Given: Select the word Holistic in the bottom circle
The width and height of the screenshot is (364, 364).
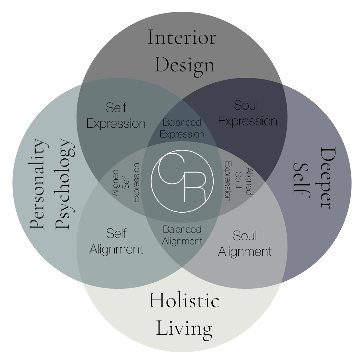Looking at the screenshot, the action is pyautogui.click(x=184, y=301).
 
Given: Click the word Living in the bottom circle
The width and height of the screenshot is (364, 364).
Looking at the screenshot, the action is pyautogui.click(x=184, y=328).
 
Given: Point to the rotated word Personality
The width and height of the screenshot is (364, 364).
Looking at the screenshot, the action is pyautogui.click(x=37, y=184).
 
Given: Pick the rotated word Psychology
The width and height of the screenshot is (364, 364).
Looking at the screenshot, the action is pyautogui.click(x=64, y=184).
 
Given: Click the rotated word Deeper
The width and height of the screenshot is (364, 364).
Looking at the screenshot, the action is pyautogui.click(x=328, y=178).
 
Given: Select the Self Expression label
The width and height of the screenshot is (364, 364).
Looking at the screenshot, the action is pyautogui.click(x=116, y=116).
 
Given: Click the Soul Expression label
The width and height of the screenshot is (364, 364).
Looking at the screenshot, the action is pyautogui.click(x=248, y=113).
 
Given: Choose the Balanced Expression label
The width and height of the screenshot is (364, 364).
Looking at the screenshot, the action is pyautogui.click(x=182, y=128).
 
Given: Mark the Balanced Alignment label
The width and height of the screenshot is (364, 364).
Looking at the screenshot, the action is pyautogui.click(x=182, y=235).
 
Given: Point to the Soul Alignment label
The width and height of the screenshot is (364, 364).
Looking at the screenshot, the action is pyautogui.click(x=245, y=243).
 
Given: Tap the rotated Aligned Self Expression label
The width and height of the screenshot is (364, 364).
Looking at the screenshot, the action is pyautogui.click(x=126, y=183).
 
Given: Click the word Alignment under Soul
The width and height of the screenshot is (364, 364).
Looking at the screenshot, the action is pyautogui.click(x=245, y=251).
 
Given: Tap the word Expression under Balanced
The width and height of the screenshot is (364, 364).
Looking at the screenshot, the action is pyautogui.click(x=182, y=134).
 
